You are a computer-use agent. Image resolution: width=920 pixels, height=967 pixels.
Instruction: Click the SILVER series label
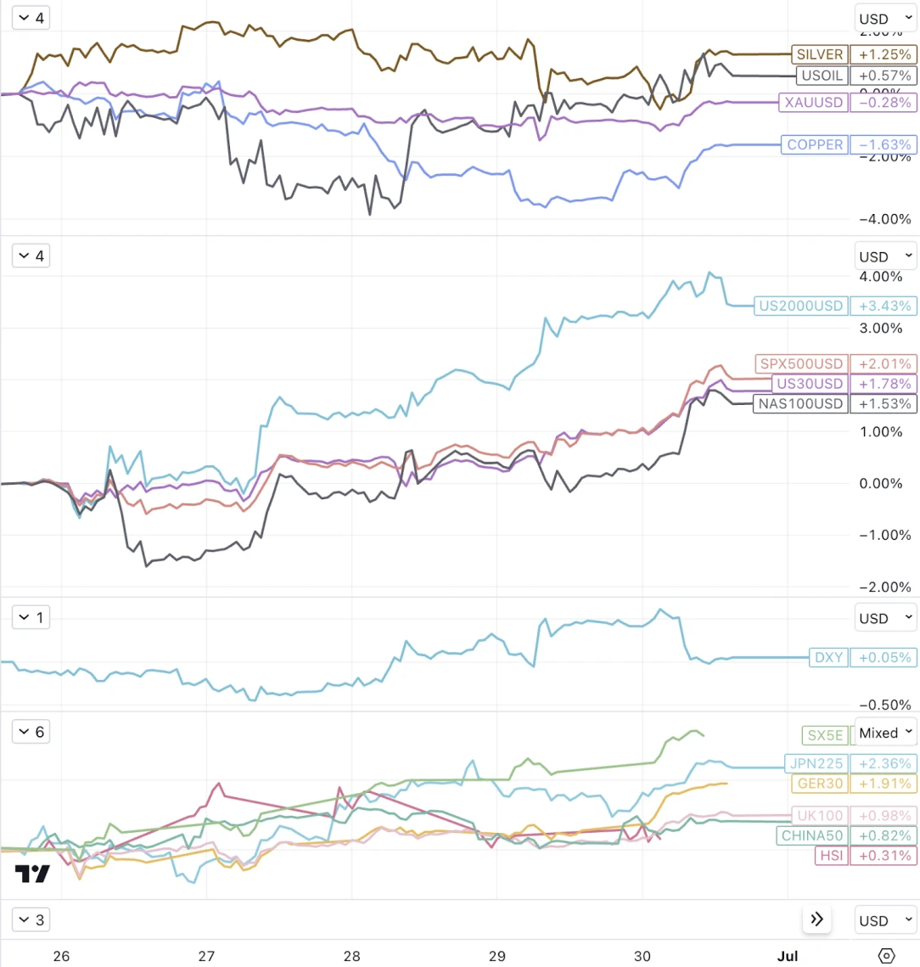pos(819,54)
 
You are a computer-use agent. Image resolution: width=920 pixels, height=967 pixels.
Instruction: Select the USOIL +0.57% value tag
pos(883,76)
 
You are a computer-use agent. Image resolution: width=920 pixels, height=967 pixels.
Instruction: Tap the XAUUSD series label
pos(814,103)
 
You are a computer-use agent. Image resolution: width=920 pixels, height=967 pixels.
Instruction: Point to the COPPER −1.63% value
pos(883,144)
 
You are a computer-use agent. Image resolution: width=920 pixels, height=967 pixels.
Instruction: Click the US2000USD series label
pos(801,306)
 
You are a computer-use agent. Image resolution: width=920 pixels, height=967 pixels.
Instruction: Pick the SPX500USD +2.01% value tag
pos(883,364)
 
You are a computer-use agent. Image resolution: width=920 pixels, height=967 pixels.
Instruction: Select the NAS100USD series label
pos(801,404)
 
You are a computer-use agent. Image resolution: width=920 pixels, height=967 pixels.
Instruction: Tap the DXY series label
pos(827,657)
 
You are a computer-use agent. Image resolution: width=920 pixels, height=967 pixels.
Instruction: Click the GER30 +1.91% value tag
pos(883,784)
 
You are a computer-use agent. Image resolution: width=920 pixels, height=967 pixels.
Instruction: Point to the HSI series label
pos(830,856)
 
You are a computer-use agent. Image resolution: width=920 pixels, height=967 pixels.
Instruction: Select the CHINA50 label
pos(811,835)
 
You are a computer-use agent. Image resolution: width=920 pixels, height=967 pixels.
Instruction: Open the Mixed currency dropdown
pos(885,732)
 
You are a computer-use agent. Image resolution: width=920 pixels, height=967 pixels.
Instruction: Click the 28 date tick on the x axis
pos(351,956)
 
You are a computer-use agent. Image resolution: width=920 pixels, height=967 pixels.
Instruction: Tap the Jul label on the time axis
pos(788,956)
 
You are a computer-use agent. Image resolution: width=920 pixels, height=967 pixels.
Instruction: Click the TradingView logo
pos(32,874)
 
